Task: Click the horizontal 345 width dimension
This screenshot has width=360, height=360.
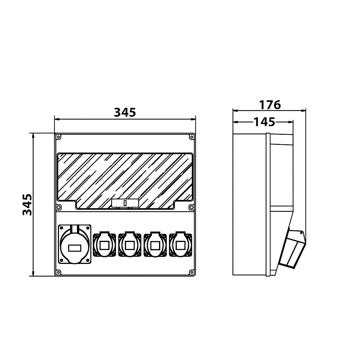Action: tap(125, 112)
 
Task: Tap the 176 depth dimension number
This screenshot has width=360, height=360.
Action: tap(270, 105)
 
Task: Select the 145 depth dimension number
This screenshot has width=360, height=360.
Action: tap(264, 122)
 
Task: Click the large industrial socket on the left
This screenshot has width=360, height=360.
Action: tap(75, 244)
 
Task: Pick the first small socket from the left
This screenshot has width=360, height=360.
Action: tap(104, 244)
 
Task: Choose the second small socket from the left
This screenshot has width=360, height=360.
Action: tap(130, 244)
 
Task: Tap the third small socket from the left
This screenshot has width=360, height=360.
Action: tap(155, 244)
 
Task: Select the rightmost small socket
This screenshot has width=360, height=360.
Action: tap(181, 244)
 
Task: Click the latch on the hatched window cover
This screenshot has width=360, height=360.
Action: tap(125, 203)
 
